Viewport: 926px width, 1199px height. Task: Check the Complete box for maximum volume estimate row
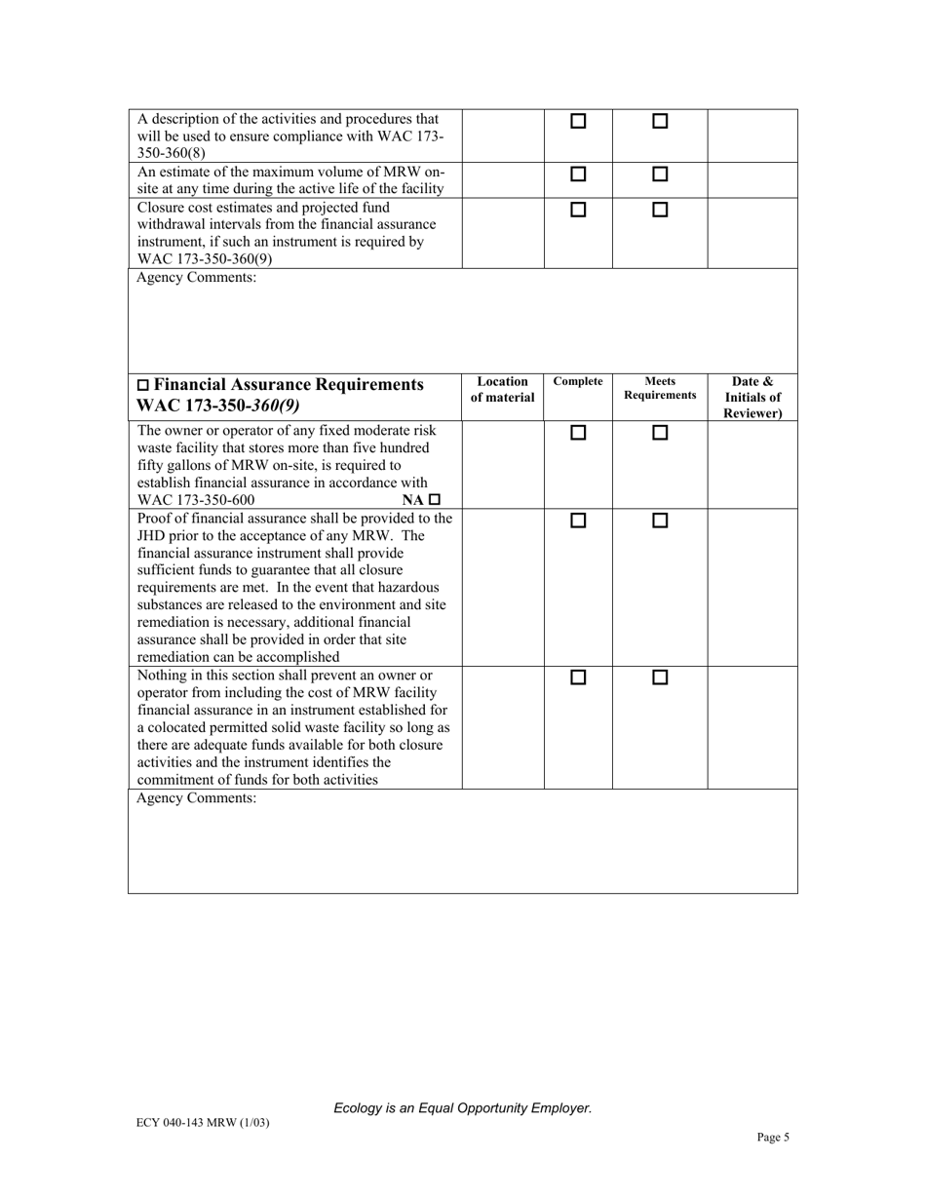pyautogui.click(x=578, y=174)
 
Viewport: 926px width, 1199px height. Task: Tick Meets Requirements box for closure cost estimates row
pyautogui.click(x=660, y=210)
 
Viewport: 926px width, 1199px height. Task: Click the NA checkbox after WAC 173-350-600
pyautogui.click(x=435, y=499)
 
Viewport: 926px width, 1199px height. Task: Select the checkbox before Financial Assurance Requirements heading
pyautogui.click(x=144, y=385)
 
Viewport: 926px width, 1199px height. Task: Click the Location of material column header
pyautogui.click(x=503, y=390)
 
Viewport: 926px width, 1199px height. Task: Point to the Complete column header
pyautogui.click(x=578, y=382)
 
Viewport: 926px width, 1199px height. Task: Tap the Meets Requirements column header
pyautogui.click(x=660, y=389)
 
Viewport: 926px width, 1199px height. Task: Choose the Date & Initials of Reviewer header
pyautogui.click(x=752, y=398)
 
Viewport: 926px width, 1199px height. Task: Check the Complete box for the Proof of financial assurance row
pyautogui.click(x=578, y=521)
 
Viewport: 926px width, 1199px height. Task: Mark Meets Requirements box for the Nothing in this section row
pyautogui.click(x=660, y=677)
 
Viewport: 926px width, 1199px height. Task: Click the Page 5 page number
pyautogui.click(x=773, y=1137)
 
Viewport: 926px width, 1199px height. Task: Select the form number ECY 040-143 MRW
pyautogui.click(x=203, y=1122)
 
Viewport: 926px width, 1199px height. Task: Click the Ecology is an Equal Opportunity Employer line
pyautogui.click(x=462, y=1108)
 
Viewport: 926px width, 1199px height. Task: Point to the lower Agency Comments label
pyautogui.click(x=197, y=798)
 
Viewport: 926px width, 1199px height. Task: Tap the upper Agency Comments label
pyautogui.click(x=197, y=278)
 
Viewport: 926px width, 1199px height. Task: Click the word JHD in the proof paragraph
pyautogui.click(x=154, y=535)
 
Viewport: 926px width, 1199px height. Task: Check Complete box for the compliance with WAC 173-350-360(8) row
pyautogui.click(x=578, y=122)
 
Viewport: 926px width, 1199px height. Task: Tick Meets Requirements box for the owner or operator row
pyautogui.click(x=660, y=432)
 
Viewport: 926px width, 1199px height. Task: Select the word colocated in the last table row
pyautogui.click(x=182, y=727)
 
